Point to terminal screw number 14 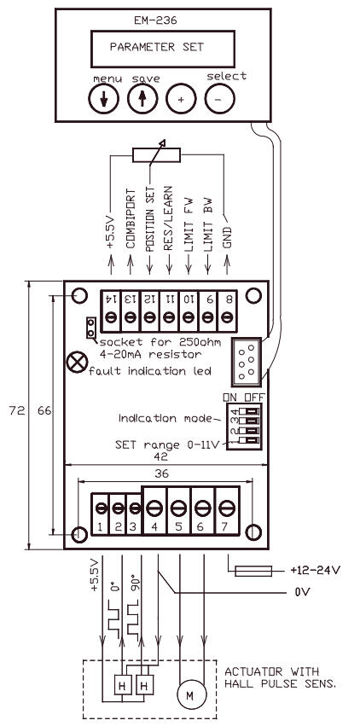click(111, 317)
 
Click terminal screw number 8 click(228, 317)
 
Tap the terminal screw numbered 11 click(169, 317)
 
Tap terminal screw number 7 click(226, 506)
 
